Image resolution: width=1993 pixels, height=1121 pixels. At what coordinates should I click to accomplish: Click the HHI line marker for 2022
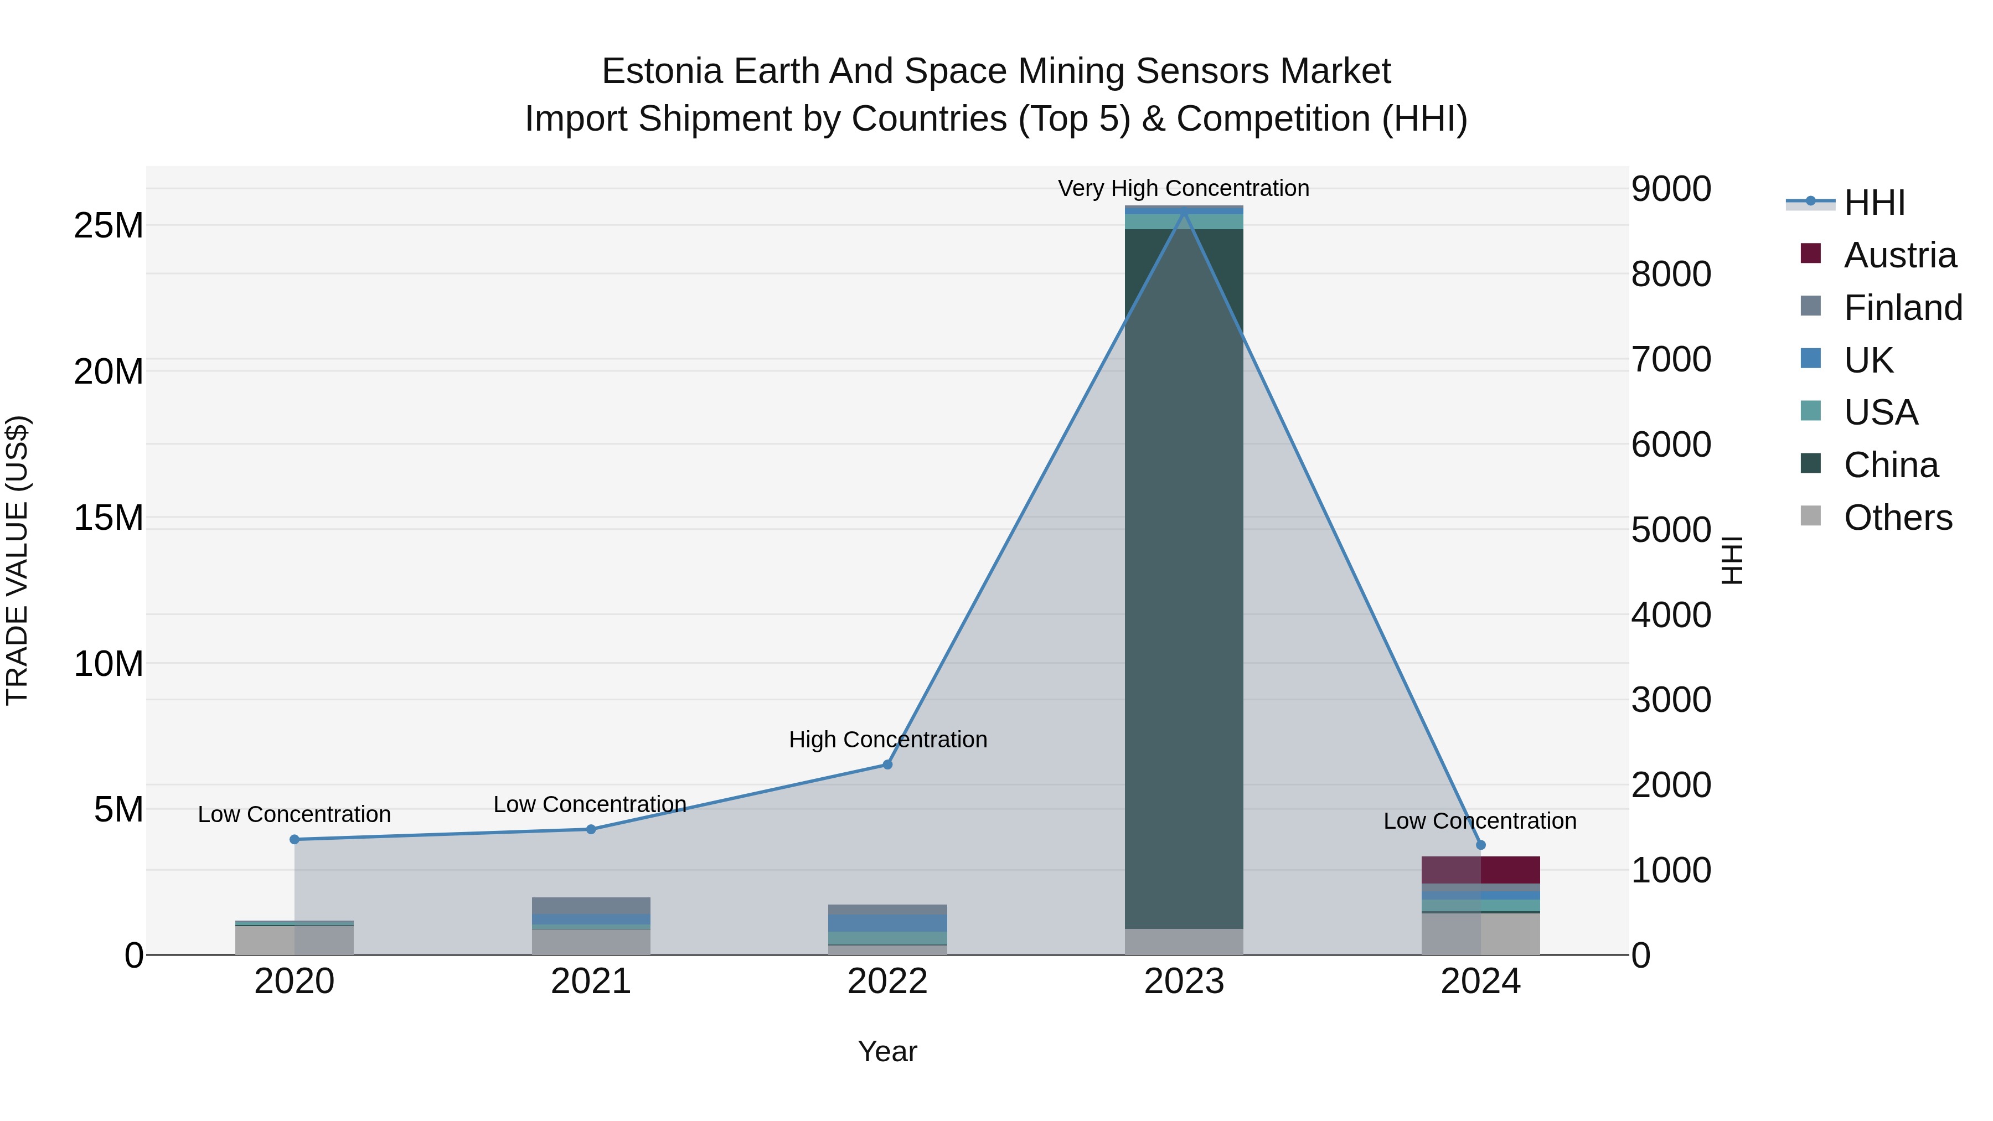tap(887, 764)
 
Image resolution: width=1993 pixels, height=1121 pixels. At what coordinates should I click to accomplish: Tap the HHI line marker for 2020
tap(294, 839)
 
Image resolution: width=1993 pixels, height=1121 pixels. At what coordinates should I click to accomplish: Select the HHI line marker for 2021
tap(591, 829)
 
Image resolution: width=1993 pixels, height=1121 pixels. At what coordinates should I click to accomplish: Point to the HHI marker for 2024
tap(1481, 845)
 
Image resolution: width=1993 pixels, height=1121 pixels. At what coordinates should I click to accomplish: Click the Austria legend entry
tap(1899, 255)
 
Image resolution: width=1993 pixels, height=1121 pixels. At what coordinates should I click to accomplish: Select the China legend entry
tap(1891, 465)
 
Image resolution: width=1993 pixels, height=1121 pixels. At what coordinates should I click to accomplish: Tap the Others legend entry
tap(1897, 518)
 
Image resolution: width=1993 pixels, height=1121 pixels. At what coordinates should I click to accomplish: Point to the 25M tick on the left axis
tap(109, 226)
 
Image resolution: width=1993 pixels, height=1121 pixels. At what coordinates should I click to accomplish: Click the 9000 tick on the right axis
tap(1671, 189)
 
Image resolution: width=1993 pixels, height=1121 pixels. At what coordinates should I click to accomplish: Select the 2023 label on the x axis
tap(1184, 981)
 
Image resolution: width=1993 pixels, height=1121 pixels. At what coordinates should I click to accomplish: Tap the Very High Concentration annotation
tap(1184, 188)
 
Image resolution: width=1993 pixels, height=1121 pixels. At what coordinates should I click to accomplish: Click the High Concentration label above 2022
tap(887, 740)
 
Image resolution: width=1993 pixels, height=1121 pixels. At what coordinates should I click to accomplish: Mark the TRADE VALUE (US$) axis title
tap(17, 560)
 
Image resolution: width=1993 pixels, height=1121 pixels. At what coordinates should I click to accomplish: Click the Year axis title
tap(887, 1051)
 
